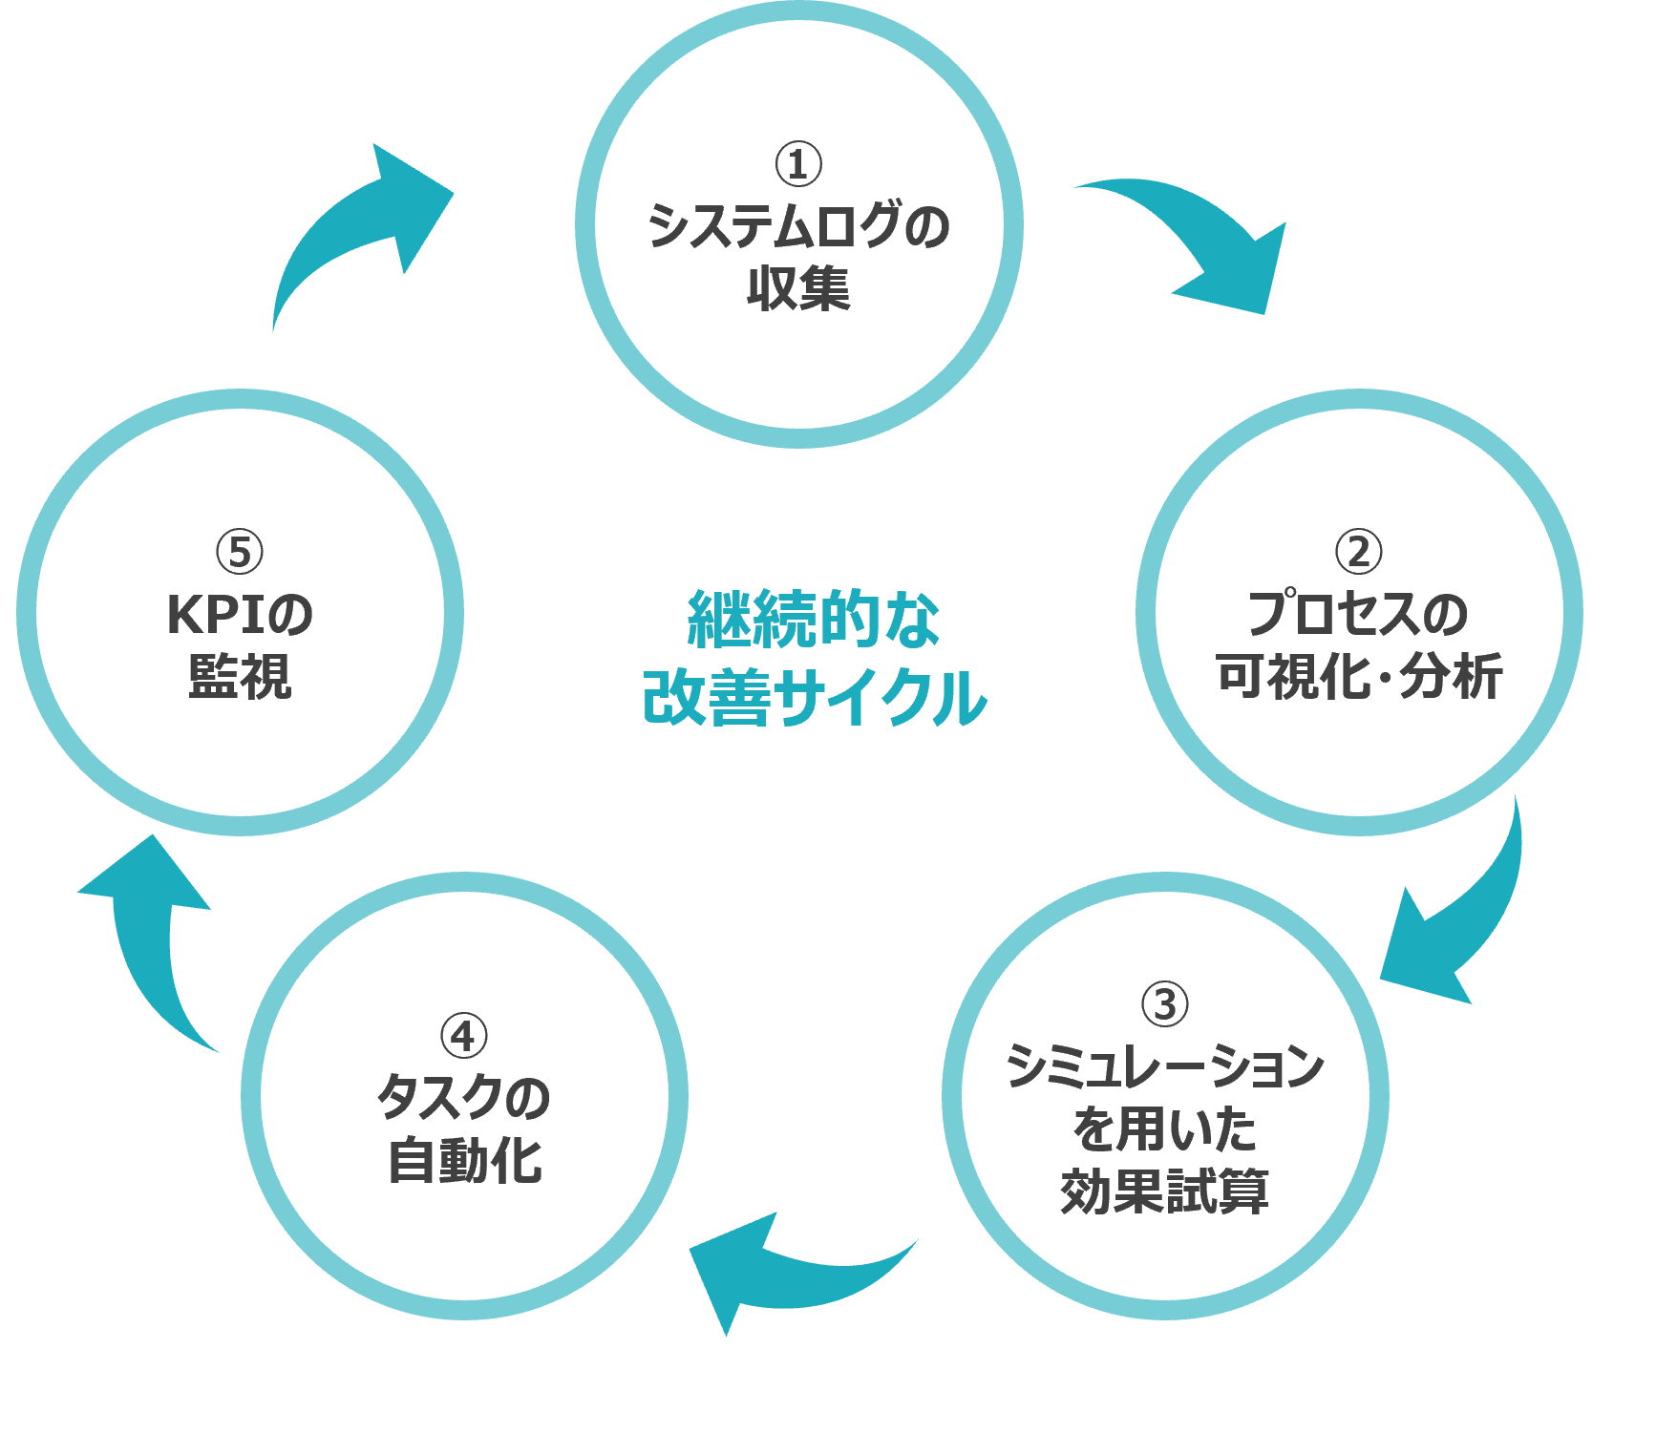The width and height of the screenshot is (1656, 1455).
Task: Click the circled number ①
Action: coord(797,164)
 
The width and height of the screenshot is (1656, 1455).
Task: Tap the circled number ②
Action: coord(1358,551)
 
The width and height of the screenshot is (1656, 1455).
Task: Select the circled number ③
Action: coord(1165,1003)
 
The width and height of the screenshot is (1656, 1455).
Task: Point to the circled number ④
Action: coord(464,1036)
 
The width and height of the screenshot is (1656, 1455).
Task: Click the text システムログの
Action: coord(798,227)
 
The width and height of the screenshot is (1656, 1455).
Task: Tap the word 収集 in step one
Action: coord(798,288)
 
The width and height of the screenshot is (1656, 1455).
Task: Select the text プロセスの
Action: coord(1358,614)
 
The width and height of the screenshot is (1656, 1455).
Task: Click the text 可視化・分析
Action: coord(1359,677)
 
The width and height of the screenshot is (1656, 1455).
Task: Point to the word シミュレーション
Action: coord(1165,1066)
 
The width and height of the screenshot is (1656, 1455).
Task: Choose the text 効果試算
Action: coord(1165,1191)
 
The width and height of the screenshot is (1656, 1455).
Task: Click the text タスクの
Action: coord(464,1098)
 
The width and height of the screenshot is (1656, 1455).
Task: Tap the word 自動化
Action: coord(465,1161)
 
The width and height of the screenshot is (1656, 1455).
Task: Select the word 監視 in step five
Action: coord(240,677)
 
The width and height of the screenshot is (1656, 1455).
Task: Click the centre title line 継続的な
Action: coord(814,620)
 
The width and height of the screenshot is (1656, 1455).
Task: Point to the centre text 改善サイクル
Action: coord(814,698)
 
